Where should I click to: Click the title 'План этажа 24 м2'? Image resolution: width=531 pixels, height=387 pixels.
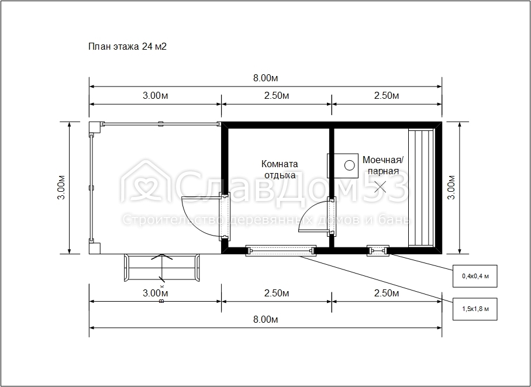(127, 46)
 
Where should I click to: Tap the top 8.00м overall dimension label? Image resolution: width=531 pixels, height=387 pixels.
(265, 78)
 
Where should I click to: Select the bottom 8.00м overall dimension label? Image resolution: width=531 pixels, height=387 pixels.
(265, 319)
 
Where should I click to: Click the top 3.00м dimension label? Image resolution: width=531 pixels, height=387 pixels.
(155, 95)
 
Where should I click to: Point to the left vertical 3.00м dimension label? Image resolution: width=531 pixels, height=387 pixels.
(61, 187)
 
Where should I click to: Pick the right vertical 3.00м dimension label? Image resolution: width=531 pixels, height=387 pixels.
(451, 187)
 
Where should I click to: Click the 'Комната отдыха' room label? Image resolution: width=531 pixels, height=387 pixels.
(280, 170)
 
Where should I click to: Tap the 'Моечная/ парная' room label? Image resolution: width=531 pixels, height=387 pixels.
(383, 165)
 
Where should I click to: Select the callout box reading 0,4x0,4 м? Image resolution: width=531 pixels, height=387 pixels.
(475, 276)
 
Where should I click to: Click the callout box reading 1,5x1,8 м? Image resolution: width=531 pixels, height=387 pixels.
(475, 309)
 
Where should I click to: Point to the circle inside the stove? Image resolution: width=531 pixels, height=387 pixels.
(350, 165)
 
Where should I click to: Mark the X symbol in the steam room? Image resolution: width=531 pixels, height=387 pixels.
(380, 187)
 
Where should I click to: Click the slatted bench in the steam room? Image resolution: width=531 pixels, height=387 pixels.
(421, 188)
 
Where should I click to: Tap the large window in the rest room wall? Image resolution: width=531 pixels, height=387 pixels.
(281, 251)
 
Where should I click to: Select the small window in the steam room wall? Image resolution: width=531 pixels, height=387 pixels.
(378, 251)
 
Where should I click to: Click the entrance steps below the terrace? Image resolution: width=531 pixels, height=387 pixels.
(162, 268)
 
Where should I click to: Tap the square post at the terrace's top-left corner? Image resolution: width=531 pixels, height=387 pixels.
(95, 127)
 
